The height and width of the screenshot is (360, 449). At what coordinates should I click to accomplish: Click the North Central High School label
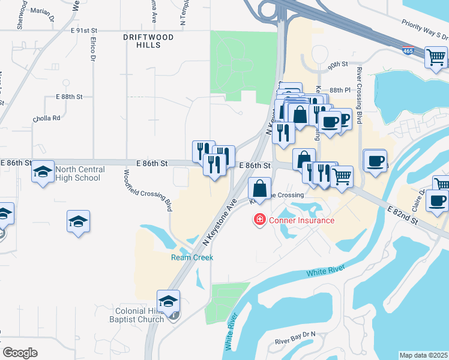(x=79, y=173)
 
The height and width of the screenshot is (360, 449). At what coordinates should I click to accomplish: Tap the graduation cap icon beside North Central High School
(x=43, y=172)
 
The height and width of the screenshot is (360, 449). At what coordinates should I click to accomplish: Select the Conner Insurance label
(x=301, y=220)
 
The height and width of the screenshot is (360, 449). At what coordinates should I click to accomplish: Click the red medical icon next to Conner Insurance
(x=260, y=220)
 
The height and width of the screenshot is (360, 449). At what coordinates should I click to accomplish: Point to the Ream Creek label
(x=192, y=257)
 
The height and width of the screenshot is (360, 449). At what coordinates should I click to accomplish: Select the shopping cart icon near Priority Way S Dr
(x=436, y=58)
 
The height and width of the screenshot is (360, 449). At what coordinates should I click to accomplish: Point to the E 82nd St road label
(x=403, y=213)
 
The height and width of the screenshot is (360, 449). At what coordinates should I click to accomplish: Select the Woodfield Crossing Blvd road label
(x=146, y=190)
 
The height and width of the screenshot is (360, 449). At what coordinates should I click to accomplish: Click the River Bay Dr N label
(x=295, y=341)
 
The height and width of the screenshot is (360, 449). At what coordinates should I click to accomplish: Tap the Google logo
(x=20, y=353)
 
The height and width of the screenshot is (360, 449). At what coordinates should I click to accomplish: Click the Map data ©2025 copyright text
(x=423, y=355)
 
